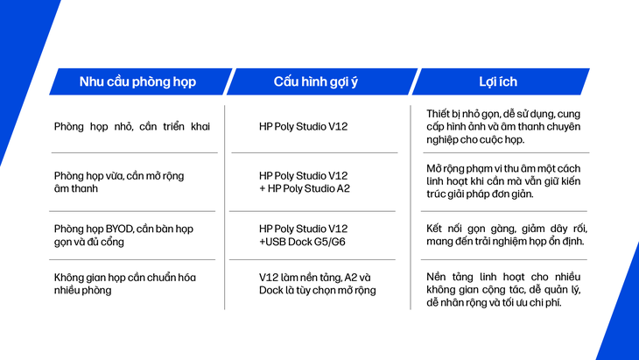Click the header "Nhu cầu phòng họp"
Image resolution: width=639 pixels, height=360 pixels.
coord(137,82)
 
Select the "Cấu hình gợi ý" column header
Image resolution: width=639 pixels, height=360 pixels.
coord(316,82)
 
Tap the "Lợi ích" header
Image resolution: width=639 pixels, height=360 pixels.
coord(498,81)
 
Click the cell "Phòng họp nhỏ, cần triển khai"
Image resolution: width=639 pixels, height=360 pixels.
coord(132,127)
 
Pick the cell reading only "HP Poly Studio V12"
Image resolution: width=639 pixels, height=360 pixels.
coord(303,126)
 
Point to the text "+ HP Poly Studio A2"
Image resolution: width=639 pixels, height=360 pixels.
coord(305,188)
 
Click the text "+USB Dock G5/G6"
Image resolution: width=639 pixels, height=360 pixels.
coord(302,242)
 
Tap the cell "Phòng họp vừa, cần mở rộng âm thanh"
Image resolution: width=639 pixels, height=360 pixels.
coord(119,182)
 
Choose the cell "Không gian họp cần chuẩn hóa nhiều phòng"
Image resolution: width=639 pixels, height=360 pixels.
coord(125,284)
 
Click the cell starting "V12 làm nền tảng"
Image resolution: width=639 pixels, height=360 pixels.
coord(318,284)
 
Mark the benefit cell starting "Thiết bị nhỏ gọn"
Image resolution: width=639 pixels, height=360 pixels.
coord(503,127)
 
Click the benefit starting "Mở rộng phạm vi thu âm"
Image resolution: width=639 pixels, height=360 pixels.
coord(503,181)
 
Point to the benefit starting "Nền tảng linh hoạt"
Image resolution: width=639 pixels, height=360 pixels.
coord(503,290)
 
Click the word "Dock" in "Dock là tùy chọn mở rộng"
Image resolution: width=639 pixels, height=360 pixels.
coord(270,290)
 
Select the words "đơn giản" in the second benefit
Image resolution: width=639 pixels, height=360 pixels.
coord(519,194)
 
